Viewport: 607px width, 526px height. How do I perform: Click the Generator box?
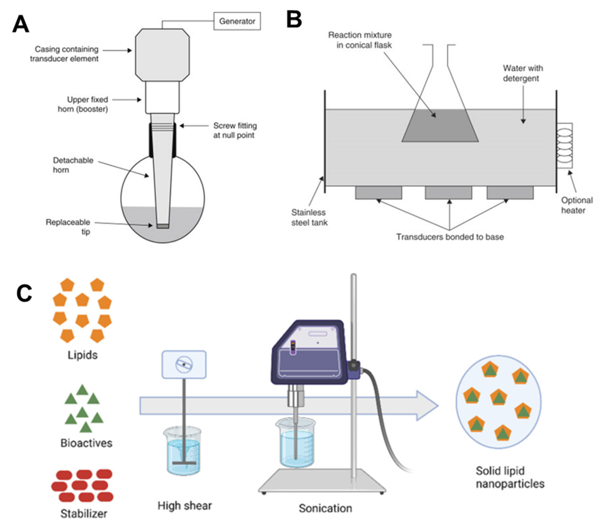(x=237, y=21)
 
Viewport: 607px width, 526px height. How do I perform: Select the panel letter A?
(x=21, y=24)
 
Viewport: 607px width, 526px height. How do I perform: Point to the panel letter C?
(x=24, y=293)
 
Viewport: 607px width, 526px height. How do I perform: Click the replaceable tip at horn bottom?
(x=163, y=226)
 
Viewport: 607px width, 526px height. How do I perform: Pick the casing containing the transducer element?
(x=162, y=55)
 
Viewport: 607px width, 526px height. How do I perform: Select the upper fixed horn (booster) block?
(x=162, y=98)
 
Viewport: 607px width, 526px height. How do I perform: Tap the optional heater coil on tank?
(x=565, y=146)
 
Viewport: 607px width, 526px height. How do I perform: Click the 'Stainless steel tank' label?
(x=309, y=218)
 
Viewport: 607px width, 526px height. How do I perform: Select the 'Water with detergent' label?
(x=522, y=73)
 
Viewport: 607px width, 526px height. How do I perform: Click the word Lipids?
(x=83, y=355)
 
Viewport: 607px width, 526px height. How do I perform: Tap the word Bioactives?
(x=86, y=443)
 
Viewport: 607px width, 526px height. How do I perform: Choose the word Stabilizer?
(x=84, y=514)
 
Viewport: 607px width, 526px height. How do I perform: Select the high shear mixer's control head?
(x=184, y=365)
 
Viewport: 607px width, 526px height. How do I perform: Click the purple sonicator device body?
(x=309, y=352)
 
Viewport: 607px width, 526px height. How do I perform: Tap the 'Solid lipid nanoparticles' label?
(x=510, y=477)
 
